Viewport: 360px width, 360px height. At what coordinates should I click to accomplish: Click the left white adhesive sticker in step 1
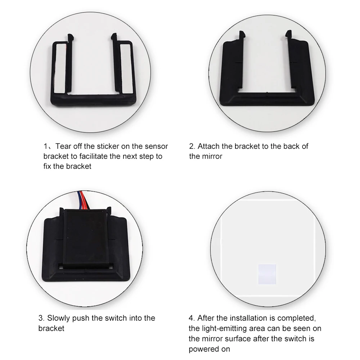(x=59, y=68)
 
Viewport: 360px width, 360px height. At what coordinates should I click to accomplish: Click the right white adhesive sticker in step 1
(x=126, y=68)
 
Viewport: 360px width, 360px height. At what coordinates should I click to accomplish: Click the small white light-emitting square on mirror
(x=267, y=274)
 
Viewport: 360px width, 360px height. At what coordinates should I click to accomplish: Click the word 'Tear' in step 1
(x=63, y=146)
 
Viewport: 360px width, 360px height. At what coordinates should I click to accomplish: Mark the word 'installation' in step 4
(x=249, y=318)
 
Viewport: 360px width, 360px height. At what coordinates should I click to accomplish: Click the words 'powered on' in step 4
(x=209, y=349)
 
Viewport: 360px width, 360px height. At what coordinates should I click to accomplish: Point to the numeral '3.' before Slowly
(x=41, y=318)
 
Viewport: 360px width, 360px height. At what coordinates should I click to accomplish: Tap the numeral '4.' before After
(x=192, y=318)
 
